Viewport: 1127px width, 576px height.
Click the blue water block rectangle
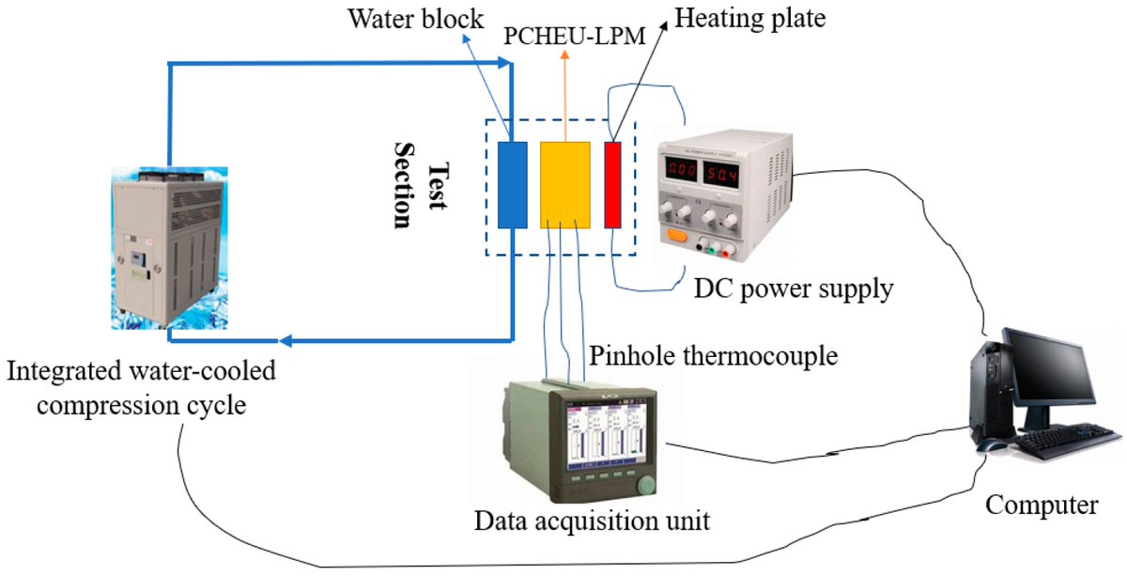[x=512, y=184]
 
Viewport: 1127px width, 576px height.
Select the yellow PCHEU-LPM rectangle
[x=564, y=184]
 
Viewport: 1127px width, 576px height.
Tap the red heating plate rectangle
[x=613, y=184]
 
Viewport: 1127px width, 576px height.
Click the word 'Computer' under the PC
[x=1042, y=505]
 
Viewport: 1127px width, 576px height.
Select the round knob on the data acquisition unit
[x=645, y=487]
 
